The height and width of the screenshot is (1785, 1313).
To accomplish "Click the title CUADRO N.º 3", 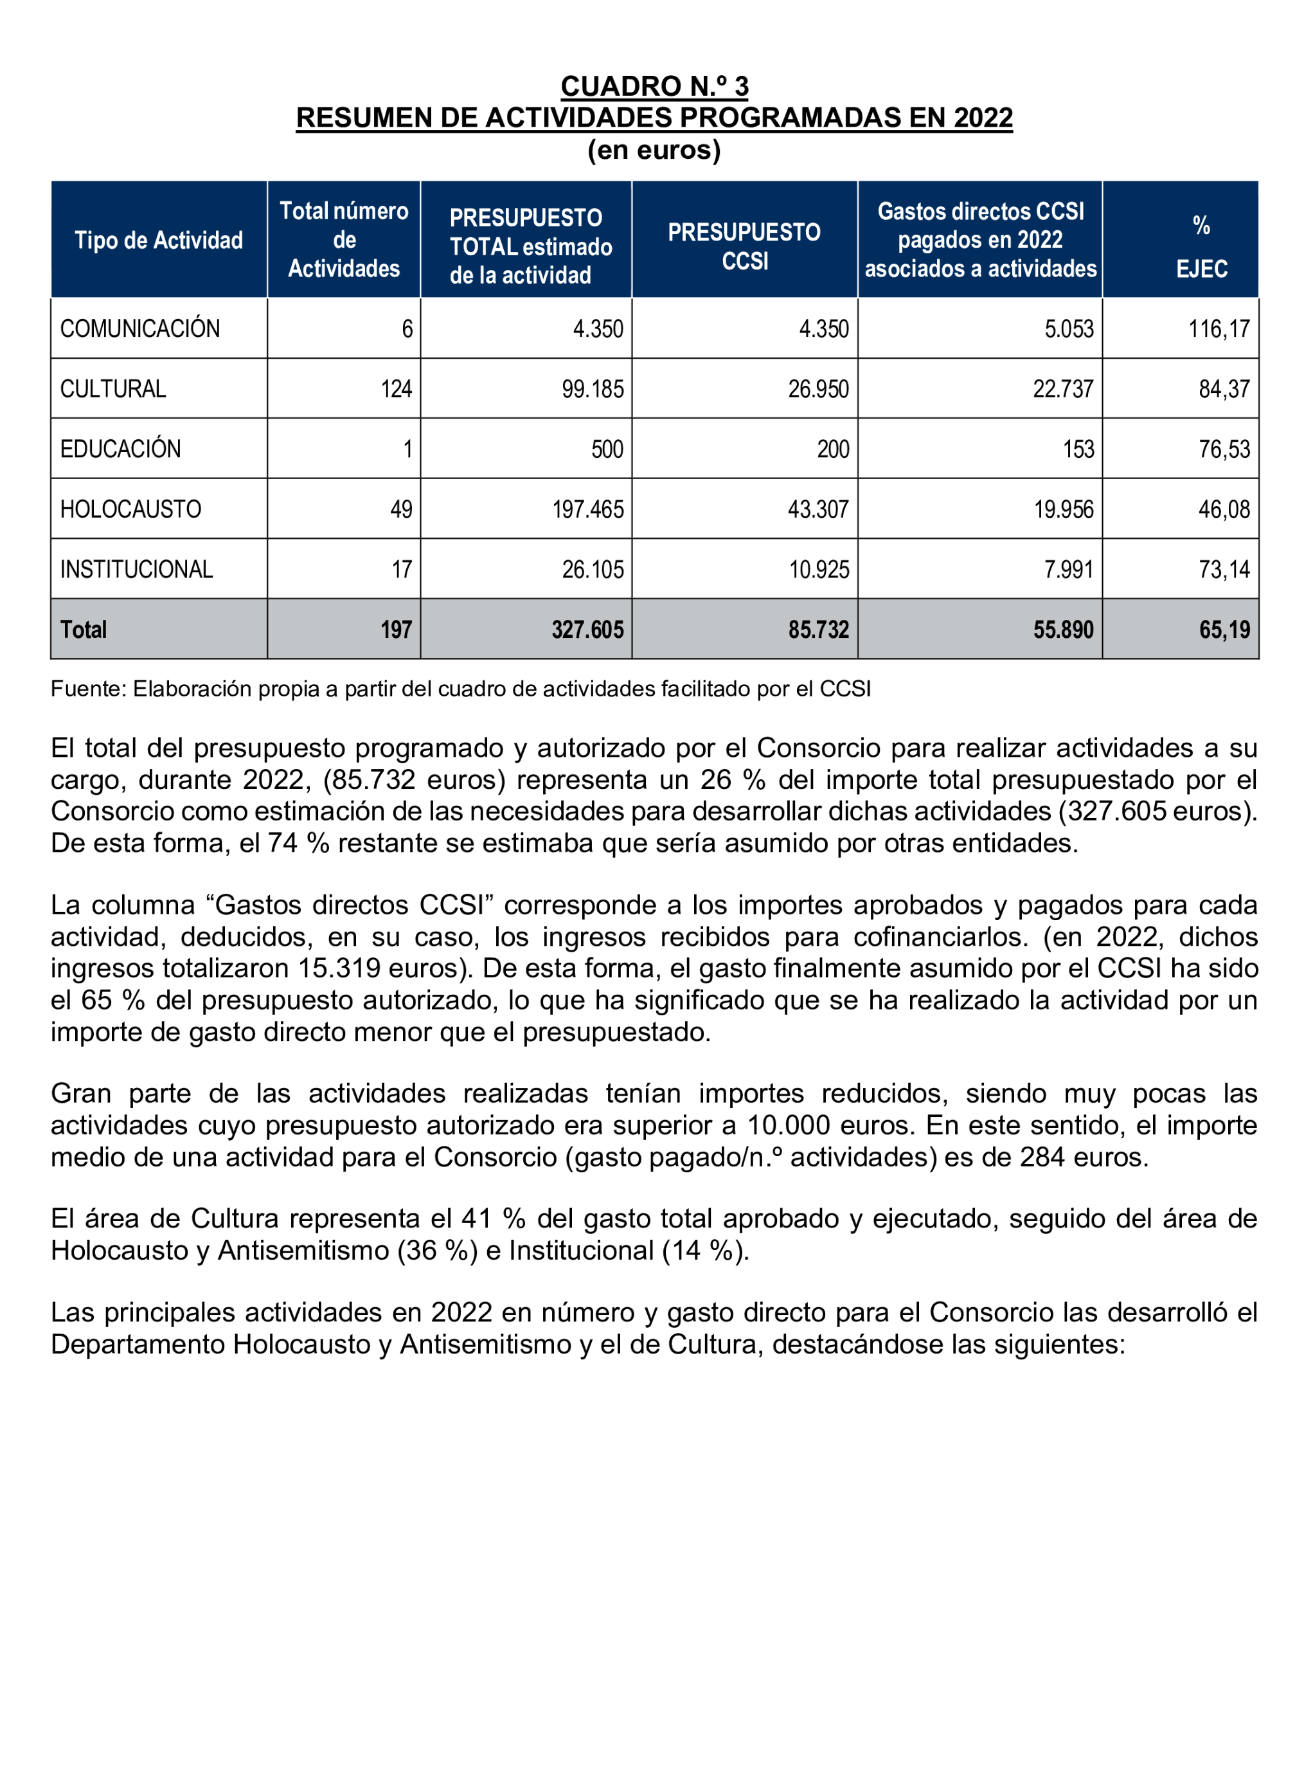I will (x=654, y=86).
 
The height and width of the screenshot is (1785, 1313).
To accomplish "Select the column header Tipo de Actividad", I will (x=158, y=240).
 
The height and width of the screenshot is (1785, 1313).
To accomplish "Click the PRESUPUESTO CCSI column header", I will (x=744, y=246).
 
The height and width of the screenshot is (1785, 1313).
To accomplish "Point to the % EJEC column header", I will (x=1201, y=246).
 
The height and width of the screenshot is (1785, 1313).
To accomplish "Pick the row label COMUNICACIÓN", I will (x=140, y=329).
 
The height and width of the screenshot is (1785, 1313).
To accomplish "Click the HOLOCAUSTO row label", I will (x=130, y=509).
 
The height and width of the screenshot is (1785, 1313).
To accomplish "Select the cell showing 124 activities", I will (x=396, y=389).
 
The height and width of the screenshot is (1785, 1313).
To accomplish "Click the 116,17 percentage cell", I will (x=1219, y=329).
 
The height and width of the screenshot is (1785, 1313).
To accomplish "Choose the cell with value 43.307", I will (x=818, y=509).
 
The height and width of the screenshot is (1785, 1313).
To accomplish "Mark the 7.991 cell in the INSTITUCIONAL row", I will (x=1068, y=569).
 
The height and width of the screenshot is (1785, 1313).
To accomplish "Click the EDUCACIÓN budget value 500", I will (x=607, y=449).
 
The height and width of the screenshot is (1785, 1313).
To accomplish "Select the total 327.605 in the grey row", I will (x=587, y=630).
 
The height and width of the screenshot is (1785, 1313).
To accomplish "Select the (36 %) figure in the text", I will (x=437, y=1251).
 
